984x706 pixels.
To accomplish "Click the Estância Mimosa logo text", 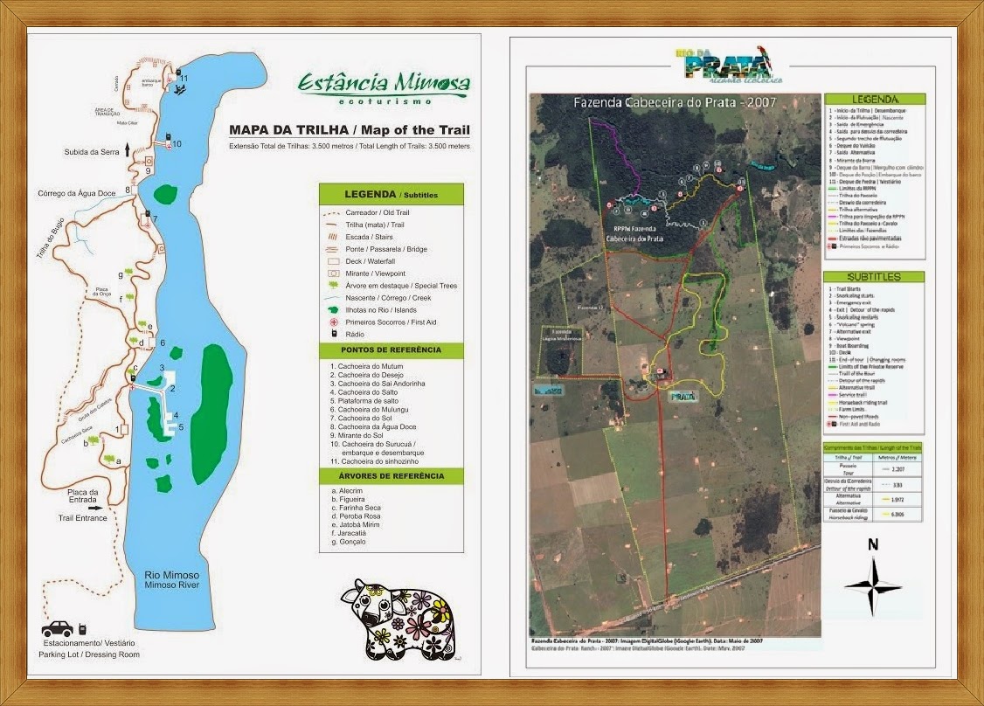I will pos(384,84).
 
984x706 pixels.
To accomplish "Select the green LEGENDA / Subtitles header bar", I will pos(391,194).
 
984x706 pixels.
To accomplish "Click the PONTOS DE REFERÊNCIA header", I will pos(391,350).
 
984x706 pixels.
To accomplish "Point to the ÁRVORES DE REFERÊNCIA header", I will pos(391,476).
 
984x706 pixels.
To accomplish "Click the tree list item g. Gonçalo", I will pos(350,542).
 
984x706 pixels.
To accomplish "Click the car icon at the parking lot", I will pos(58,628).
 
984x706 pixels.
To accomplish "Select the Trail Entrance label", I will pos(83,518).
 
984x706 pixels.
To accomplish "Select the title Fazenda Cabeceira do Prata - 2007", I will pos(675,102).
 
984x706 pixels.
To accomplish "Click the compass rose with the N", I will pos(872,583).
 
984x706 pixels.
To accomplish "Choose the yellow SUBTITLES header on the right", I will pos(873,277).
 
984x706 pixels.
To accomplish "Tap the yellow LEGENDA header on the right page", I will pos(873,99).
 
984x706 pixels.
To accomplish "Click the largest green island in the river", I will pos(211,413).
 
